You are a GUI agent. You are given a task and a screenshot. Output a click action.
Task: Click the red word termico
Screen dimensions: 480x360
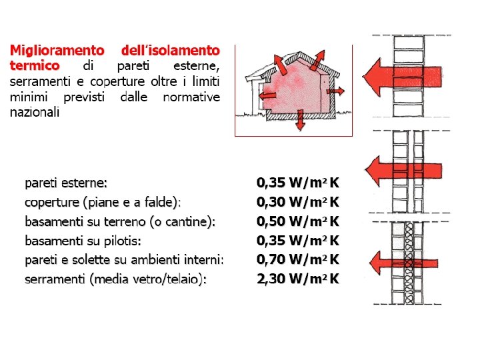(x=34, y=66)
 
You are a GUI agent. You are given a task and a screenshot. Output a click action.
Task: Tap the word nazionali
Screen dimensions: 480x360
(x=34, y=112)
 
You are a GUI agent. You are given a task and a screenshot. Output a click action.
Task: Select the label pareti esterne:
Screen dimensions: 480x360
(x=66, y=183)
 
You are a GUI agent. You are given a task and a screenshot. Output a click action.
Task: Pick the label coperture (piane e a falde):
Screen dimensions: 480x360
(x=103, y=202)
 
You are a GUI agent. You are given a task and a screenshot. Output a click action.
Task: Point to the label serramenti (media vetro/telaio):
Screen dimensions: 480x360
(x=115, y=279)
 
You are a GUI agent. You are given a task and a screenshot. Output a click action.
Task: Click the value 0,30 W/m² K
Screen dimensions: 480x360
(x=298, y=202)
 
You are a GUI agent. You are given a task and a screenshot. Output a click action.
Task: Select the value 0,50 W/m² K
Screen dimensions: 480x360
(x=298, y=221)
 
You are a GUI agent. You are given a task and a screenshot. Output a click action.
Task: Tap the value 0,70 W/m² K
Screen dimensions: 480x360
(x=298, y=259)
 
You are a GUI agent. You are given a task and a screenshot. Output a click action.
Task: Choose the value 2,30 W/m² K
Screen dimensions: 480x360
(x=298, y=279)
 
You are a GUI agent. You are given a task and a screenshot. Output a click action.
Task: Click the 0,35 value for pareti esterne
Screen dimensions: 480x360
(x=298, y=183)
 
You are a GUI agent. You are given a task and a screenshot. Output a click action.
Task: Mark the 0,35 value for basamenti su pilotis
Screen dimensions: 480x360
(x=298, y=240)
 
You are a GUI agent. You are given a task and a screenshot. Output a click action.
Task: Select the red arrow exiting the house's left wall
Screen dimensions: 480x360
(x=269, y=95)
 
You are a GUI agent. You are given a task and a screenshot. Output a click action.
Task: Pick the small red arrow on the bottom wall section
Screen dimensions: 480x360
(x=393, y=263)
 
